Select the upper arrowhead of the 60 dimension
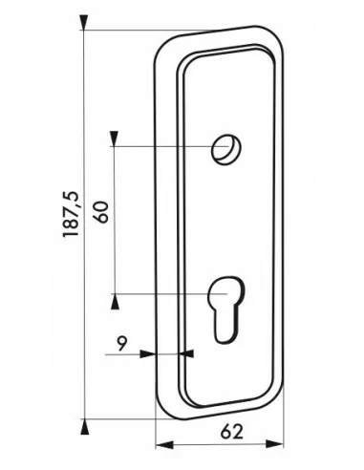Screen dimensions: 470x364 click(x=115, y=139)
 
